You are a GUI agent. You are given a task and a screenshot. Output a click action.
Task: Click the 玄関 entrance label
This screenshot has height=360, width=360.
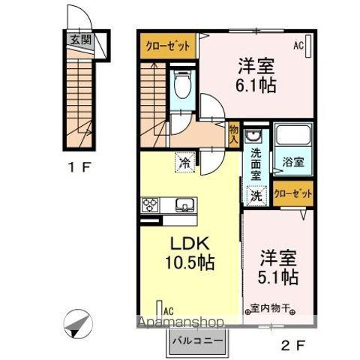pos(81,40)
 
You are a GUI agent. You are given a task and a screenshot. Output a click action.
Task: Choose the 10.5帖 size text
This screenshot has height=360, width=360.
pos(190,263)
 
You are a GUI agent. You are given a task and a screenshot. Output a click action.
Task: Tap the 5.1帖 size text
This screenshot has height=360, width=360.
pos(279,277)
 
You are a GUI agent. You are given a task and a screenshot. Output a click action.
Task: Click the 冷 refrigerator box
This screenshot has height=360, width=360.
pos(184,160)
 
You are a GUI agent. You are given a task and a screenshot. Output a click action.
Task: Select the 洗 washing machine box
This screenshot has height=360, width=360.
pos(255,196)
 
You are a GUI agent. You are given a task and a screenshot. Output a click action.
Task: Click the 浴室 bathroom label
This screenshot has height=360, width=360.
pos(293,162)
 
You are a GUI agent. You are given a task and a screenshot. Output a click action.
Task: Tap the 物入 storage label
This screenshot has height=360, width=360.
pos(233,134)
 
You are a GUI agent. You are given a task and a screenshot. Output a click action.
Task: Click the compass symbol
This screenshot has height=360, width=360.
pos(77,325)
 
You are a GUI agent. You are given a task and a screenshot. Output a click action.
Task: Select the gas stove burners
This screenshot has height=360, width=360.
pos(149,203)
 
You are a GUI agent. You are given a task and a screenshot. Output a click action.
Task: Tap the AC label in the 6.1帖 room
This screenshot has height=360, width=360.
pos(298,45)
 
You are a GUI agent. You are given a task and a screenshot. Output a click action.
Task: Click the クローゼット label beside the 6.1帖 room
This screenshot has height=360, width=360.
pos(167,44)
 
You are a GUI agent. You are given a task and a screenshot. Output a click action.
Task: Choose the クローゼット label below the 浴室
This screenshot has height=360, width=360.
pos(293,193)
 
